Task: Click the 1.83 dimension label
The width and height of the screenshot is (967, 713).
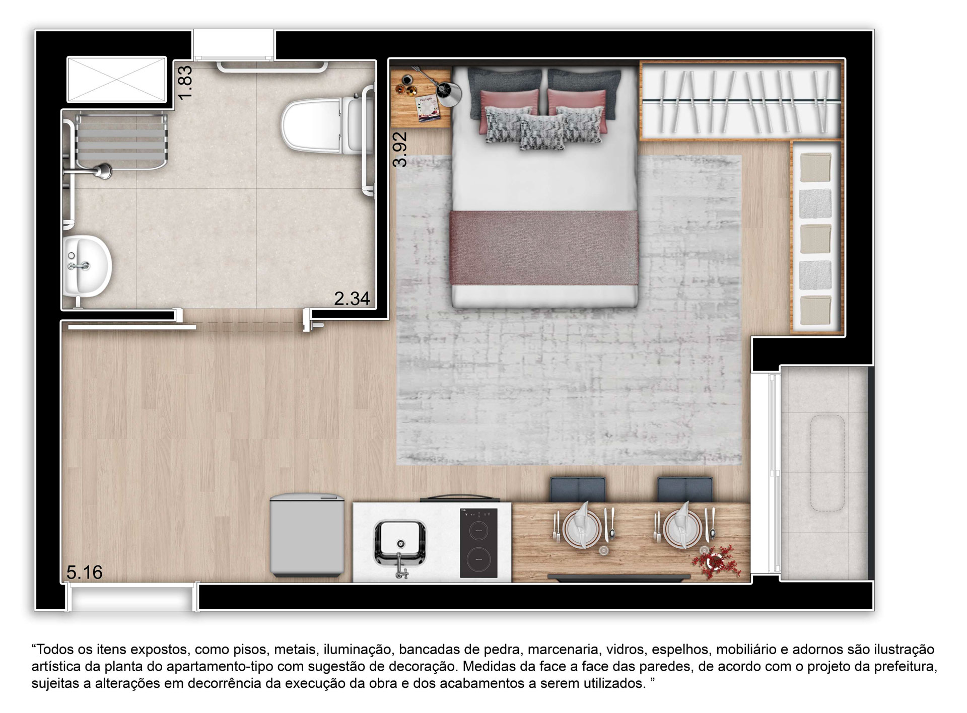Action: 185,83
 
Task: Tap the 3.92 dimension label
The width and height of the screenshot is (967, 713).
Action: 401,149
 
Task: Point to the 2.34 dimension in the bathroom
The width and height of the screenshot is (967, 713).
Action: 352,299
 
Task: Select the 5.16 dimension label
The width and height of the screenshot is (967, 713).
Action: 85,573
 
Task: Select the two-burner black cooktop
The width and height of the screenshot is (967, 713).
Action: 478,543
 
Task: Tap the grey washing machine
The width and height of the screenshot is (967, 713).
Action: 307,535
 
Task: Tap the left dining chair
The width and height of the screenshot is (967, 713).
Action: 578,489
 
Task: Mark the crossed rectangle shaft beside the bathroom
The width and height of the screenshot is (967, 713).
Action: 116,79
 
